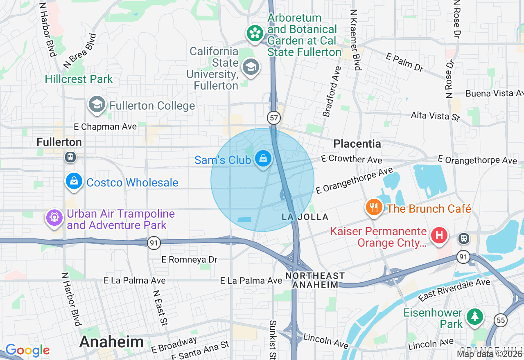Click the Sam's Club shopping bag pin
coord(263,158)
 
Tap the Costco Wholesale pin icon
coord(74,181)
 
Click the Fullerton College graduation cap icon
coord(97,104)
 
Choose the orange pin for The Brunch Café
coord(374,207)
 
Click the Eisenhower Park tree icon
coord(474,317)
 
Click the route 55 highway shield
coord(500,320)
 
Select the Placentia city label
coord(357,144)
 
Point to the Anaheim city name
coord(111,342)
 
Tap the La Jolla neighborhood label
coord(305,217)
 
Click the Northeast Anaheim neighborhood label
coord(315,280)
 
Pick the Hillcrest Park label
coord(79,79)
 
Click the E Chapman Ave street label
coord(105,127)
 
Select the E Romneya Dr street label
coord(189,259)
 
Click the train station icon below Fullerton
coord(70,157)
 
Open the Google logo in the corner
coord(27,350)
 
